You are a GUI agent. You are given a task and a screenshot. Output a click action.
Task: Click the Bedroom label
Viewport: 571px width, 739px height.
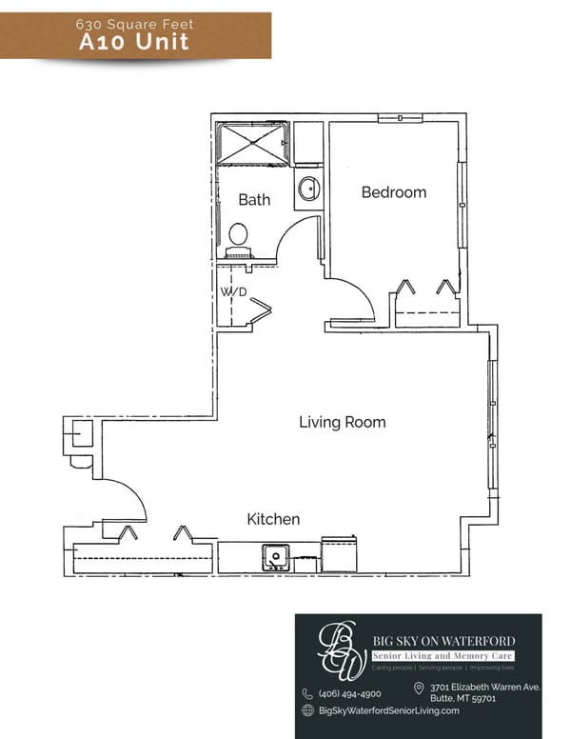[x=393, y=192]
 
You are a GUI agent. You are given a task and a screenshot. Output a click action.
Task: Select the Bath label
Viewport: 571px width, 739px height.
[x=254, y=200]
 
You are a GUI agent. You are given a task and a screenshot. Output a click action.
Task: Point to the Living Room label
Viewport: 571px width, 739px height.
[x=343, y=422]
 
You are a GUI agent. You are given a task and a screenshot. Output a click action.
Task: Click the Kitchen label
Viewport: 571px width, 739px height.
[x=273, y=519]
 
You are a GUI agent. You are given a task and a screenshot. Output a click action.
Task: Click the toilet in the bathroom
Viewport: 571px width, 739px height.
[x=238, y=235]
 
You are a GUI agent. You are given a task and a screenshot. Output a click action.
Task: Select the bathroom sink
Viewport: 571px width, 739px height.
[x=308, y=187]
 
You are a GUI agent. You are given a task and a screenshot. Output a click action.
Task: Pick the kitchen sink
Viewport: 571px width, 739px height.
[x=276, y=555]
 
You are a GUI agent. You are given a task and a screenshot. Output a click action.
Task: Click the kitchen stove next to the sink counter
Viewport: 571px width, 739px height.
[x=339, y=554]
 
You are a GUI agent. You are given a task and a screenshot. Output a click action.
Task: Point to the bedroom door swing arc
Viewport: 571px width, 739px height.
[x=354, y=299]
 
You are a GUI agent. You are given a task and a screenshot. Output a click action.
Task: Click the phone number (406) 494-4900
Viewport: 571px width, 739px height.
[x=348, y=693]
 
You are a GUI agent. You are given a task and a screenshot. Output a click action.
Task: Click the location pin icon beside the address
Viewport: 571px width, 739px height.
[x=419, y=688]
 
